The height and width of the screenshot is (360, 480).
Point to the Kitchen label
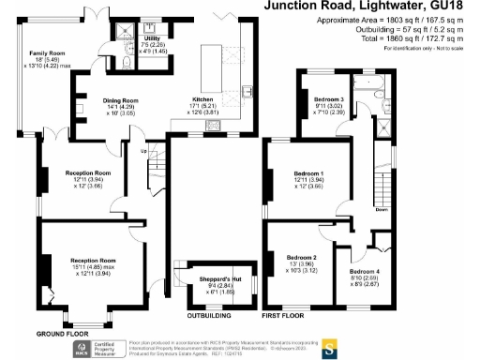pos(204,97)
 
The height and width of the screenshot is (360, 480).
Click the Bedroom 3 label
pos(328,98)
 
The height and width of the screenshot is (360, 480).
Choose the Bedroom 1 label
pos(308,173)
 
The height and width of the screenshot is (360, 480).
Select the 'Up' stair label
pos(143,151)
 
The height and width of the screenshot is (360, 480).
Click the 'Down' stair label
pos(382,210)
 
